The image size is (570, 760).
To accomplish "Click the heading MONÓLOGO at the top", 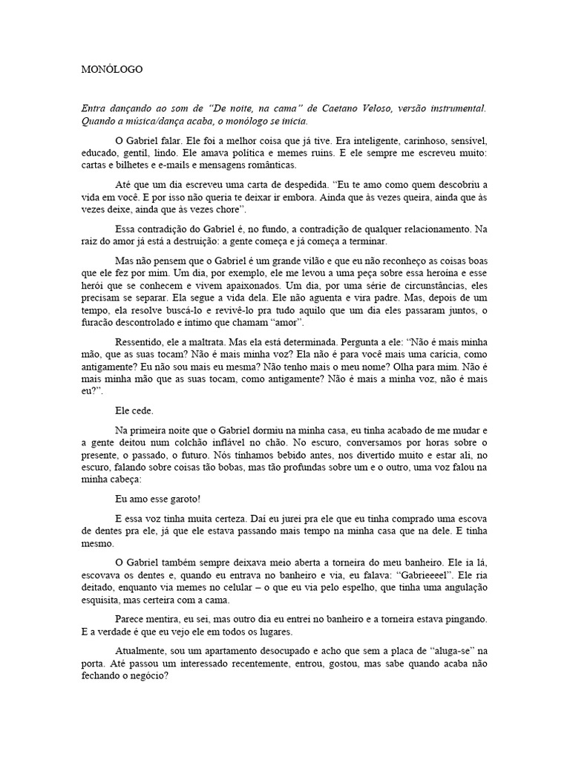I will pos(111,70).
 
